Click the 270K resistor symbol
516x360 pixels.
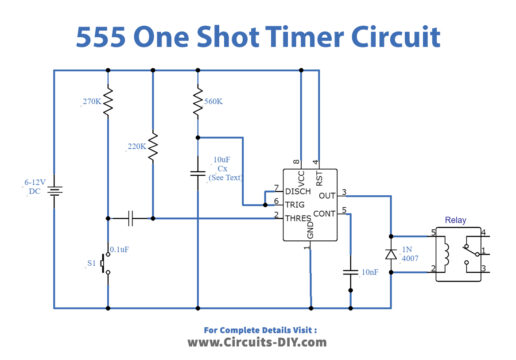tap(107, 101)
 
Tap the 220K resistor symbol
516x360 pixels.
tap(152, 145)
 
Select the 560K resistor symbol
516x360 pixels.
tap(199, 101)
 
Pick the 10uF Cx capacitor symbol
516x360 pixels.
tap(199, 172)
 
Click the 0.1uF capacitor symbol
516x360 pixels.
tap(130, 216)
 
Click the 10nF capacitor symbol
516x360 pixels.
tap(351, 271)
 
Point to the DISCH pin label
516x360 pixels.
tap(297, 189)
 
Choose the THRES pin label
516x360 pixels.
tap(297, 216)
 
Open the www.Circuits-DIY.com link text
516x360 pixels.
tap(258, 342)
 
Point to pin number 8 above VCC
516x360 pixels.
tap(296, 162)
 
